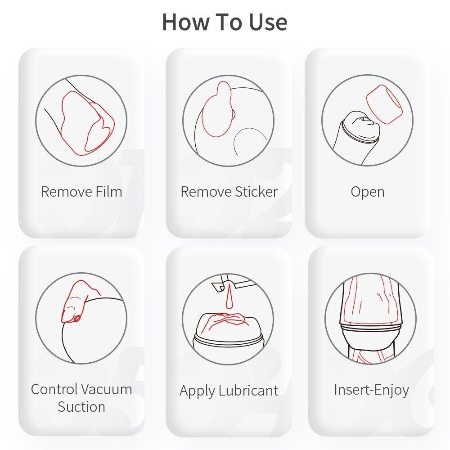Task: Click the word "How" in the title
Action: (186, 22)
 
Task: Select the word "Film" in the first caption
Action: (109, 191)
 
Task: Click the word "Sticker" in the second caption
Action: (256, 191)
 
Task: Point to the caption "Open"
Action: (367, 192)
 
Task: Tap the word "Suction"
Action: (81, 407)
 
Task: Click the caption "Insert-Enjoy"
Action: (371, 390)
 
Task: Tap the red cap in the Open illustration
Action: (384, 104)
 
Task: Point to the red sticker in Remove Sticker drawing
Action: (217, 109)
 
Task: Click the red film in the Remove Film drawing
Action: (87, 123)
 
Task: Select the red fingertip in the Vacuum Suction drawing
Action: (75, 302)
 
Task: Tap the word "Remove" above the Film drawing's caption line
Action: (67, 191)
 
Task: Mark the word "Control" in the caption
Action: (54, 389)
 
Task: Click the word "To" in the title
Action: (229, 22)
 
